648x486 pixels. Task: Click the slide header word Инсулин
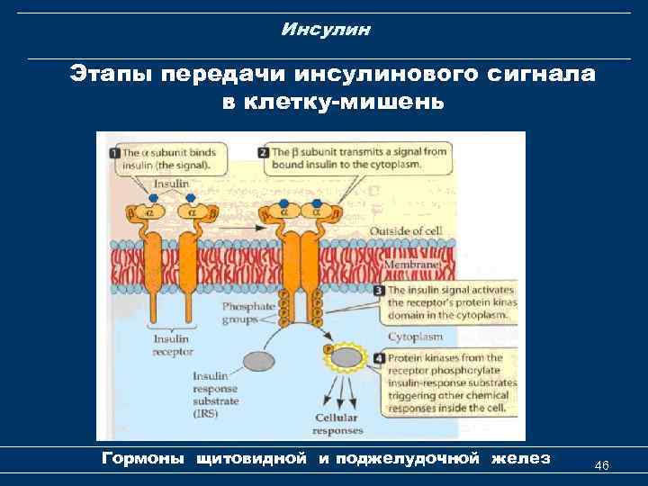(325, 31)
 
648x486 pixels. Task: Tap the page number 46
(602, 465)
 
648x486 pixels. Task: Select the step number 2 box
(263, 152)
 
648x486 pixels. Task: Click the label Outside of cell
(413, 230)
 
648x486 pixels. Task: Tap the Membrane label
(413, 266)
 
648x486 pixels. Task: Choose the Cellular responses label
(335, 424)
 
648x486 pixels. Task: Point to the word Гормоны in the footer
(144, 459)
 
